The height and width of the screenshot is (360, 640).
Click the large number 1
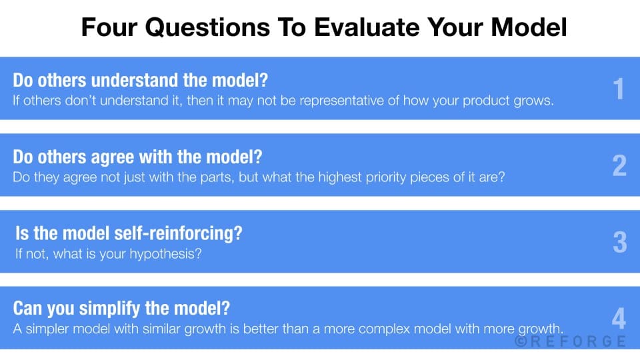tap(619, 89)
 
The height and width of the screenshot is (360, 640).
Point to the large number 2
tap(619, 166)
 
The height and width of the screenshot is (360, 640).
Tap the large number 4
tap(619, 319)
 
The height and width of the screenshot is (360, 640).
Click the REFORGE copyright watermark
tap(571, 341)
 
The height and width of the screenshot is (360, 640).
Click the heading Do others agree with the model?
tap(137, 158)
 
